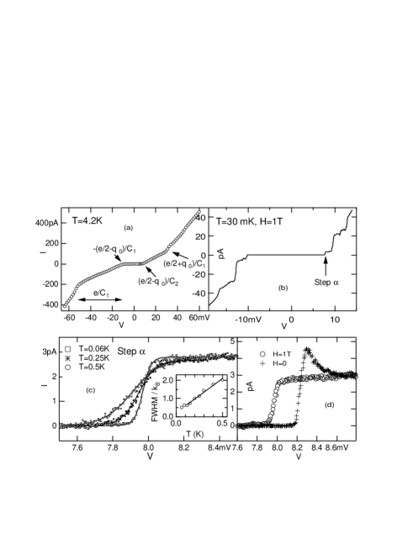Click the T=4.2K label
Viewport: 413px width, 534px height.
point(87,221)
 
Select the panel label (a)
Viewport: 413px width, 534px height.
point(129,227)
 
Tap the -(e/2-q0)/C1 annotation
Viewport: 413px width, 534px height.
point(115,249)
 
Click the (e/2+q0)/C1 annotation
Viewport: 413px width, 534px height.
point(185,264)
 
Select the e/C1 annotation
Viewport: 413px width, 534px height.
point(101,293)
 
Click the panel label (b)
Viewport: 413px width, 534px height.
point(283,288)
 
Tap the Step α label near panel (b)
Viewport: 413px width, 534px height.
point(326,283)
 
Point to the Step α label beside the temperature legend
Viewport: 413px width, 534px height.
point(132,351)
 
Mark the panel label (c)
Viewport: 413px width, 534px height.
point(91,389)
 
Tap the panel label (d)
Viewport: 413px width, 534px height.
point(330,405)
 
